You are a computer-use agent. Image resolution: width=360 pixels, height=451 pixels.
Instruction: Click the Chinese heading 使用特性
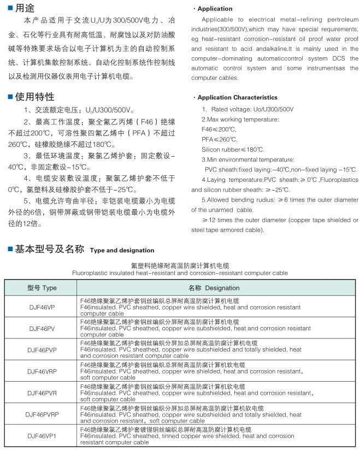(34, 97)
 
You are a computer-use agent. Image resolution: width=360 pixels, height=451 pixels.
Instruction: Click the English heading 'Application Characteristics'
(237, 98)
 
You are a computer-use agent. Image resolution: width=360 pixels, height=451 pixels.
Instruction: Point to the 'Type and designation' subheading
(122, 251)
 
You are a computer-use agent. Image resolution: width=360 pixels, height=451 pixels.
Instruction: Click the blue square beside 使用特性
(10, 97)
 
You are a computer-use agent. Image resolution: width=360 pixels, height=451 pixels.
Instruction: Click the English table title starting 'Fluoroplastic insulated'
(180, 272)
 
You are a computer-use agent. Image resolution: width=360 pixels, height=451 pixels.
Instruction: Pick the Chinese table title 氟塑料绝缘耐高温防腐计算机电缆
(180, 265)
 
